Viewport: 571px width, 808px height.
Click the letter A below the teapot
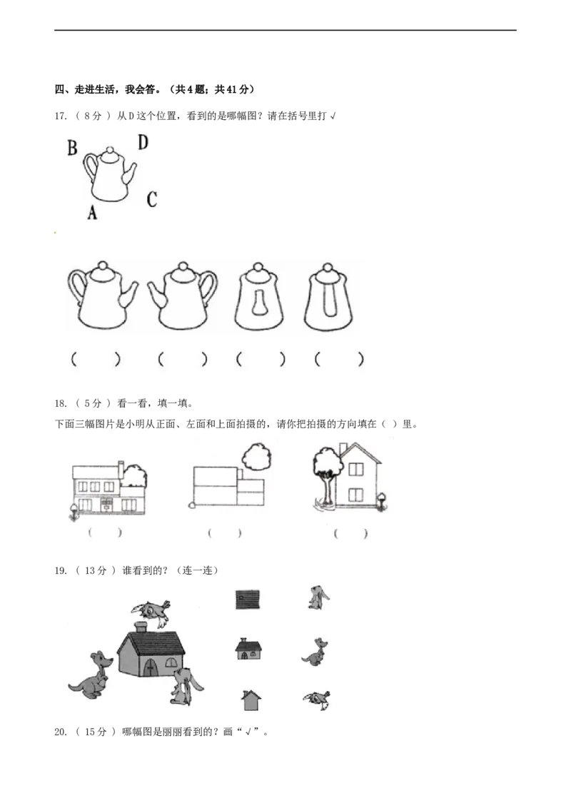[92, 212]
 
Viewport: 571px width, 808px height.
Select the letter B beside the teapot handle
[72, 148]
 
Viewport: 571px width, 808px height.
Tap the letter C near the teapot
[151, 200]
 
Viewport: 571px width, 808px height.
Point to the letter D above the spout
[143, 143]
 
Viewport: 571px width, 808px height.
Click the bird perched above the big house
[151, 612]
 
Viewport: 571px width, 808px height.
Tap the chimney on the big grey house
[141, 627]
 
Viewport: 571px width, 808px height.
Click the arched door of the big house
[151, 666]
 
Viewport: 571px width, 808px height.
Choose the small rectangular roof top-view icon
[248, 599]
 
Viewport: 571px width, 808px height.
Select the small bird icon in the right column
[315, 700]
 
